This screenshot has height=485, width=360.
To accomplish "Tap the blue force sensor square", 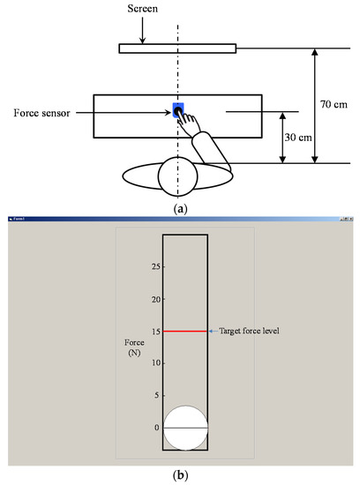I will (178, 111).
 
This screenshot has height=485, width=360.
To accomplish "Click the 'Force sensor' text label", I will (42, 113).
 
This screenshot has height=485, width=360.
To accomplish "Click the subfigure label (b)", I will (180, 476).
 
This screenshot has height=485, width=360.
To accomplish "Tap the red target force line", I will (184, 332).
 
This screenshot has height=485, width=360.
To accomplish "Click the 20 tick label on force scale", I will (154, 299).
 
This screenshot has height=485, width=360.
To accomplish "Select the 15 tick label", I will (154, 332).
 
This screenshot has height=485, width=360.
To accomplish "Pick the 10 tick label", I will (154, 363).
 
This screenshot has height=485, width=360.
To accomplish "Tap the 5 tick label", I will (156, 396).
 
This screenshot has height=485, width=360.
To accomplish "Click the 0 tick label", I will (156, 428).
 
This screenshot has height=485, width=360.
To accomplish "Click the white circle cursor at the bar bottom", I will (185, 428).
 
